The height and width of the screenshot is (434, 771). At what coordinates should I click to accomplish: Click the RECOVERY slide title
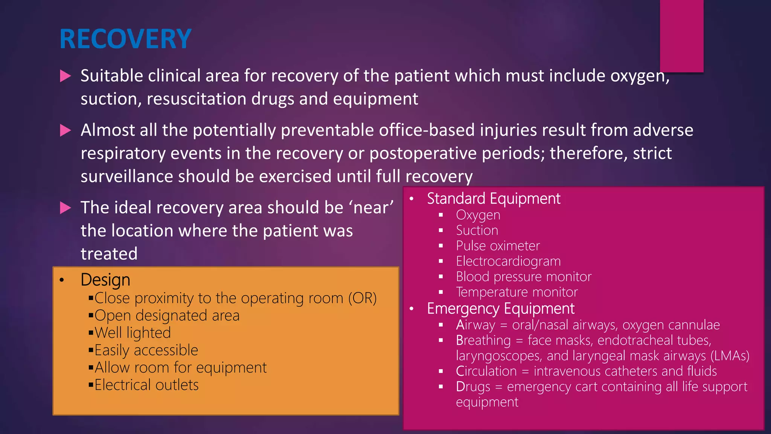(x=125, y=39)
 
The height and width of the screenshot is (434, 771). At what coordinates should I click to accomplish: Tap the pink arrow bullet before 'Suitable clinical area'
(x=66, y=76)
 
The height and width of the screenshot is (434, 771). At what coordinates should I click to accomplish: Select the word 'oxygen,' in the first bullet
(x=640, y=76)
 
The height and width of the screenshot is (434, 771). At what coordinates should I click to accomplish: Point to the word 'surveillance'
(x=126, y=177)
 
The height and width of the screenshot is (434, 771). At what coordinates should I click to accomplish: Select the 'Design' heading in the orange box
(x=105, y=280)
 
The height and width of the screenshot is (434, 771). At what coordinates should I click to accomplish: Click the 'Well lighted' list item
(x=133, y=333)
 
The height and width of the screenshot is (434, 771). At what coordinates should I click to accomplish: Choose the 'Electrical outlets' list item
(x=146, y=385)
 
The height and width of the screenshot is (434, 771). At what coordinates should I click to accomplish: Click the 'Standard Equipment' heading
(x=494, y=199)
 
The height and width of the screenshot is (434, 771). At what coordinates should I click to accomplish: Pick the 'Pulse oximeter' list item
(x=498, y=246)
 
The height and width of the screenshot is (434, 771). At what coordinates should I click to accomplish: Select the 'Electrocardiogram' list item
(x=508, y=261)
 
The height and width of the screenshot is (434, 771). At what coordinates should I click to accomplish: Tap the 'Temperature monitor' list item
(x=517, y=292)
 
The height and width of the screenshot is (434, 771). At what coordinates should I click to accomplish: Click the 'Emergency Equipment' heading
(x=501, y=309)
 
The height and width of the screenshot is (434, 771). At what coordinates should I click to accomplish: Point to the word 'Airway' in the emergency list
(x=475, y=325)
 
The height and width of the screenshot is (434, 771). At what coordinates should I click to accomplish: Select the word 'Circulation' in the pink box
(x=486, y=371)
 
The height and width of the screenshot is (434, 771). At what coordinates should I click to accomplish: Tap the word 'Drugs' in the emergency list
(x=473, y=387)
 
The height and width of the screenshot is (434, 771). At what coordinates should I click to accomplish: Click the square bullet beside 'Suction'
(x=441, y=231)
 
